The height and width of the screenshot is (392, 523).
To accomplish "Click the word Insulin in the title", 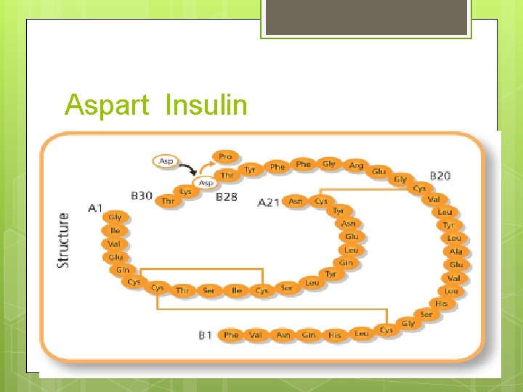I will [206, 105].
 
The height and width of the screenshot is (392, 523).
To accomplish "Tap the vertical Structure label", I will [64, 240].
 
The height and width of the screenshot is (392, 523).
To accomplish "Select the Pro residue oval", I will [225, 156].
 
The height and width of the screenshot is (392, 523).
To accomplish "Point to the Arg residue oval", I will [356, 166].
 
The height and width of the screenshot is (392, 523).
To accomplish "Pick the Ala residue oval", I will [455, 252].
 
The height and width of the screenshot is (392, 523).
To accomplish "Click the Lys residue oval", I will [186, 192].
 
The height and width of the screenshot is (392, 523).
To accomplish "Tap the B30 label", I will [142, 195].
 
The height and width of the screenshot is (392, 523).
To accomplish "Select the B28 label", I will [227, 197].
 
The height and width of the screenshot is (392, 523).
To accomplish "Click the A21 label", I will [269, 203].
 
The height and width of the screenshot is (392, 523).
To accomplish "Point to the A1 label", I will [95, 208].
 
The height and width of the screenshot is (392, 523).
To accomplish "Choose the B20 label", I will [440, 176].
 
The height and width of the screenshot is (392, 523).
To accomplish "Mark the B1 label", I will [205, 335].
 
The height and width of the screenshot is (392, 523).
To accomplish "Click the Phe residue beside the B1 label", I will [231, 335].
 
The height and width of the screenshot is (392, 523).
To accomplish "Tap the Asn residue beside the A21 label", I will [296, 201].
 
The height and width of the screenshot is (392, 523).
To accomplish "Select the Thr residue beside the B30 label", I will [168, 201].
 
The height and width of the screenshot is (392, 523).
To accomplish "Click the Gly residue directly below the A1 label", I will [115, 217].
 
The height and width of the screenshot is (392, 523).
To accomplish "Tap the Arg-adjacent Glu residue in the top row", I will [379, 172].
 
